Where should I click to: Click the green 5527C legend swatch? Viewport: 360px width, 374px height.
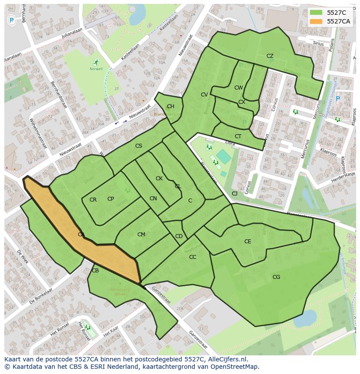point(316,13)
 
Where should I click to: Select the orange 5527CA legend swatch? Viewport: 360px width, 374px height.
point(316,21)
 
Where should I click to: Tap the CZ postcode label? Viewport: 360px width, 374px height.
point(270,56)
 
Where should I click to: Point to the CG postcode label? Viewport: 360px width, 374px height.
point(276,277)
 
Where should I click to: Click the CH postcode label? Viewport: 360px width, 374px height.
point(170,106)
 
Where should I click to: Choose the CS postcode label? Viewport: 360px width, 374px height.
point(138,146)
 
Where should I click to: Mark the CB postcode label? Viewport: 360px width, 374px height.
point(95,271)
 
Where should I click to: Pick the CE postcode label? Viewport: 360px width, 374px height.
point(247,242)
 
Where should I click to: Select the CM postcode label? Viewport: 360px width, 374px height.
point(141,235)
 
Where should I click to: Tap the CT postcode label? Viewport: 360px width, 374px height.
point(238,136)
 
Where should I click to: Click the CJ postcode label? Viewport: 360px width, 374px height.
point(234,194)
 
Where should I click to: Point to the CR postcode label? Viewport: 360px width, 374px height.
point(93,200)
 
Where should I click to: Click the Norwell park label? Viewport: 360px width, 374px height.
point(96,69)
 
